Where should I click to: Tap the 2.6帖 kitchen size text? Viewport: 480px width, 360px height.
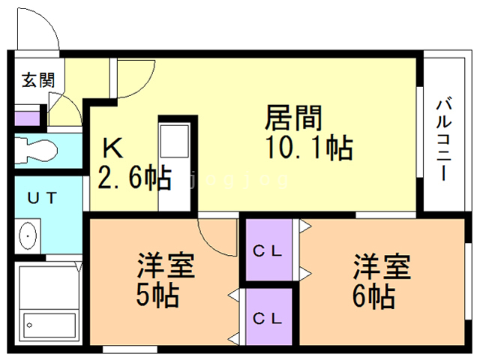pyautogui.click(x=134, y=178)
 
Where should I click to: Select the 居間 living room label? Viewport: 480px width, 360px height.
pyautogui.click(x=293, y=118)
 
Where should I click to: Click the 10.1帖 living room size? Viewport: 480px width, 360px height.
pyautogui.click(x=307, y=148)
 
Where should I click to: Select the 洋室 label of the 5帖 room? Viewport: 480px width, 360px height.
pyautogui.click(x=166, y=265)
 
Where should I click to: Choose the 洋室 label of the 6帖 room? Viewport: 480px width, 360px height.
pyautogui.click(x=382, y=266)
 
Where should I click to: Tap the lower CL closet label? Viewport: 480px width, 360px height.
pyautogui.click(x=267, y=317)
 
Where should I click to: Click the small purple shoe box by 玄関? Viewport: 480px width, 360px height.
pyautogui.click(x=27, y=118)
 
